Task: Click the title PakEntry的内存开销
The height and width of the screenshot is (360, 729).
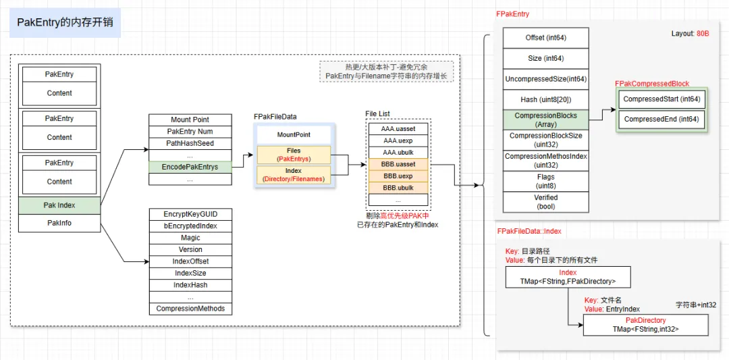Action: coord(65,22)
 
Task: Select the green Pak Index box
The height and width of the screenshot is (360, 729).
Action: coord(59,205)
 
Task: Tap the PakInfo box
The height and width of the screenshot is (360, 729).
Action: coord(59,223)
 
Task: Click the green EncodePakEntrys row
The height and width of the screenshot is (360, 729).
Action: coord(190,167)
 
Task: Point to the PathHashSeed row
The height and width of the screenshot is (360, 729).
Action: coord(190,143)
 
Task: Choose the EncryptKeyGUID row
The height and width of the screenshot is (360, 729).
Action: coord(190,214)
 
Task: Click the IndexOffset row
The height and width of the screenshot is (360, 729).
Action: coord(190,261)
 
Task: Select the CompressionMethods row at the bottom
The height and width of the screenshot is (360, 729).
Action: coord(190,309)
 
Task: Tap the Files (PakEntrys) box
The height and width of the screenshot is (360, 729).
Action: coord(294,155)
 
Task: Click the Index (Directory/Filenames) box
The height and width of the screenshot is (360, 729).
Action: coord(294,175)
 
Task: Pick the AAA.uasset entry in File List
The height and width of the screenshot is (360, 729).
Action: coord(398,128)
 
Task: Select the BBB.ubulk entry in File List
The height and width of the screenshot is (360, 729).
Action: coord(398,188)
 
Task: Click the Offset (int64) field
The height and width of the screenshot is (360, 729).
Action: coord(545,38)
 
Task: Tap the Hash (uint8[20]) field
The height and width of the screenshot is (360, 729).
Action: coord(545,99)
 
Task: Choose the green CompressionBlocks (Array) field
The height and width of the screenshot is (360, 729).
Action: coord(545,120)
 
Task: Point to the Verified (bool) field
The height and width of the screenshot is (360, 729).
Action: coord(545,202)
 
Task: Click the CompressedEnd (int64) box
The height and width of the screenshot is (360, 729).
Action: coord(661,119)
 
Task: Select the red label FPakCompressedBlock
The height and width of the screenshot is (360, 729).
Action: coord(652,84)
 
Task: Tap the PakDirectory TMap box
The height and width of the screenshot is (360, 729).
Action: coord(645,325)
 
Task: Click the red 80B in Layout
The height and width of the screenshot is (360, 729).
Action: coord(703,33)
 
